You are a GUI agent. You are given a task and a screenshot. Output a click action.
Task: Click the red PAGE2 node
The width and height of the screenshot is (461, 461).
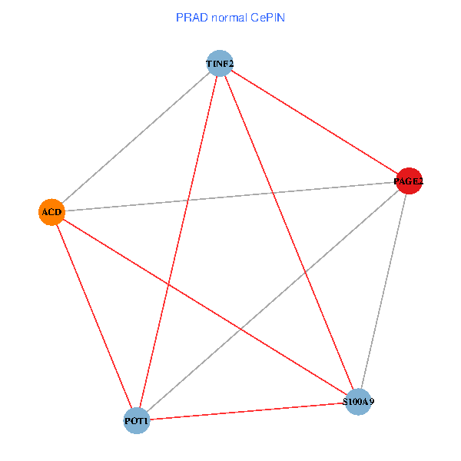pos(409,181)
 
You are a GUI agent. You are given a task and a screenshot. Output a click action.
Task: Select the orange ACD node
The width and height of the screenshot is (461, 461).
pos(51,211)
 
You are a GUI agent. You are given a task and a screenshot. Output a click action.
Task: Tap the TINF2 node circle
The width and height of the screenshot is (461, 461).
pos(220,62)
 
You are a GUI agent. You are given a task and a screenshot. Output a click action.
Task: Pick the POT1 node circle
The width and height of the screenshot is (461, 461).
pos(137,420)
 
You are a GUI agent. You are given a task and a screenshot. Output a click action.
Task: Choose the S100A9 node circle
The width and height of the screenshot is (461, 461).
pos(359,402)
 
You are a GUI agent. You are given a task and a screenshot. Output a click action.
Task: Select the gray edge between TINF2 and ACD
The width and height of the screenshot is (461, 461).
pos(135,137)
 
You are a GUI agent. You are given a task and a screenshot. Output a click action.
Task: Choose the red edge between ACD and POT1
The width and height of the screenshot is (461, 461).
pos(94,316)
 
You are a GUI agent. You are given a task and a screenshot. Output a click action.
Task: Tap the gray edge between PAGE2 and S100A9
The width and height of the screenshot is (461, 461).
pos(384,290)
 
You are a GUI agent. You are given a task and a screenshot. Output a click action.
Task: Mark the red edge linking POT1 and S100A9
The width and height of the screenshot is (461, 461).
pos(247,411)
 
